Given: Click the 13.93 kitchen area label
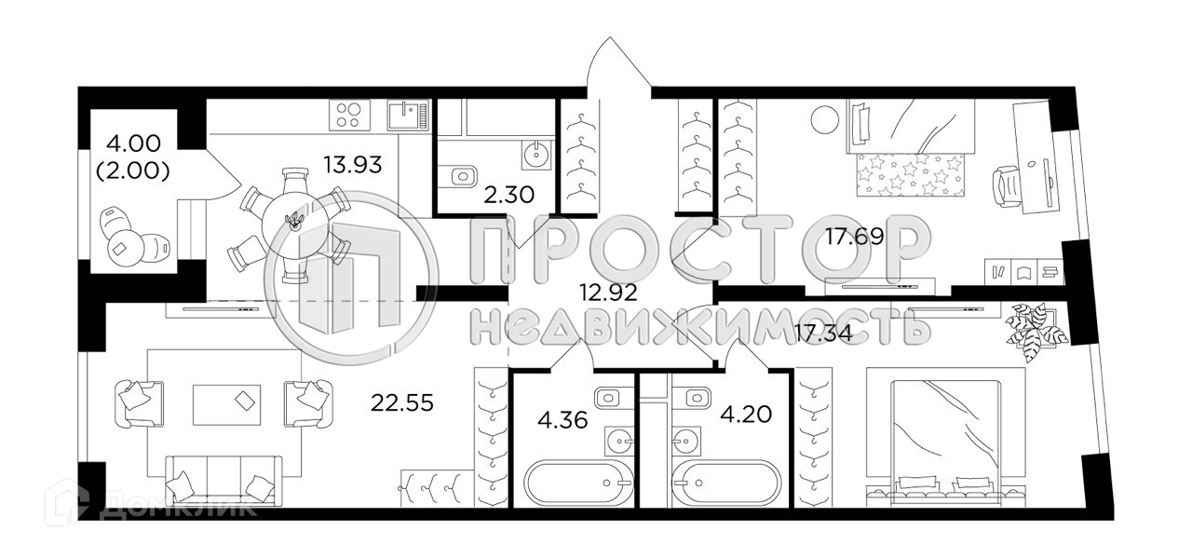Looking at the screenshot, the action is pos(353,167).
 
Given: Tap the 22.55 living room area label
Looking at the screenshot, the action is pos(402,402).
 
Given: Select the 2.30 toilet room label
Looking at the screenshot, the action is pos(508,197).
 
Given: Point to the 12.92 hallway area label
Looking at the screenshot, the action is pos(607,293).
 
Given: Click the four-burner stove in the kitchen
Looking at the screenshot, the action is pos(349,116).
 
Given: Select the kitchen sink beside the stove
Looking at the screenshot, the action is pos(408,116).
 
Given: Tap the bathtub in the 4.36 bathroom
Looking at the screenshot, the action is pos(570,483).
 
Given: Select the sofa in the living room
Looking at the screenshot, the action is pos(223,481).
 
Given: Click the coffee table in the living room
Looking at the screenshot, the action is pos(226,403).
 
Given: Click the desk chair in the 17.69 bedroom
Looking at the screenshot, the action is pos(1007,184).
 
